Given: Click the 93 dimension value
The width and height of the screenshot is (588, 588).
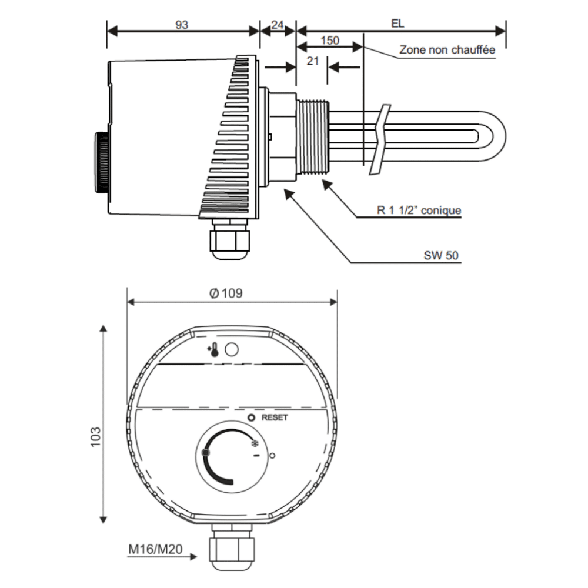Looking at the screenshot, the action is pos(182,25).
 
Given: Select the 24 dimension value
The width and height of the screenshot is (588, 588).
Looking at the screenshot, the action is pos(278,25).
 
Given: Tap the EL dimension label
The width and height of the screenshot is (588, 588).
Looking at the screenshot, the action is pos(397,24).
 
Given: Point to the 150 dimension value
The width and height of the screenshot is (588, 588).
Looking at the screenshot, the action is pos(330,40).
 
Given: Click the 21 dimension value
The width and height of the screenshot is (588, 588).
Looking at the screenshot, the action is pos(313,61).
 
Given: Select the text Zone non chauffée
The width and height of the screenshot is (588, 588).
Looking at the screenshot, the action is pos(447,49).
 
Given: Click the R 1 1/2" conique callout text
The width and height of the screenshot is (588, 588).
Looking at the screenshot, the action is pos(419,210).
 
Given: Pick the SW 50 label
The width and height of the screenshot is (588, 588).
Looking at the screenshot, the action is pos(441,255).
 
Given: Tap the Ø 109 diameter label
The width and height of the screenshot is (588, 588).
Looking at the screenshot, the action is pos(226,293).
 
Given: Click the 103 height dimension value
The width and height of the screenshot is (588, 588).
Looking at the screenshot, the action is pos(96,437).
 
